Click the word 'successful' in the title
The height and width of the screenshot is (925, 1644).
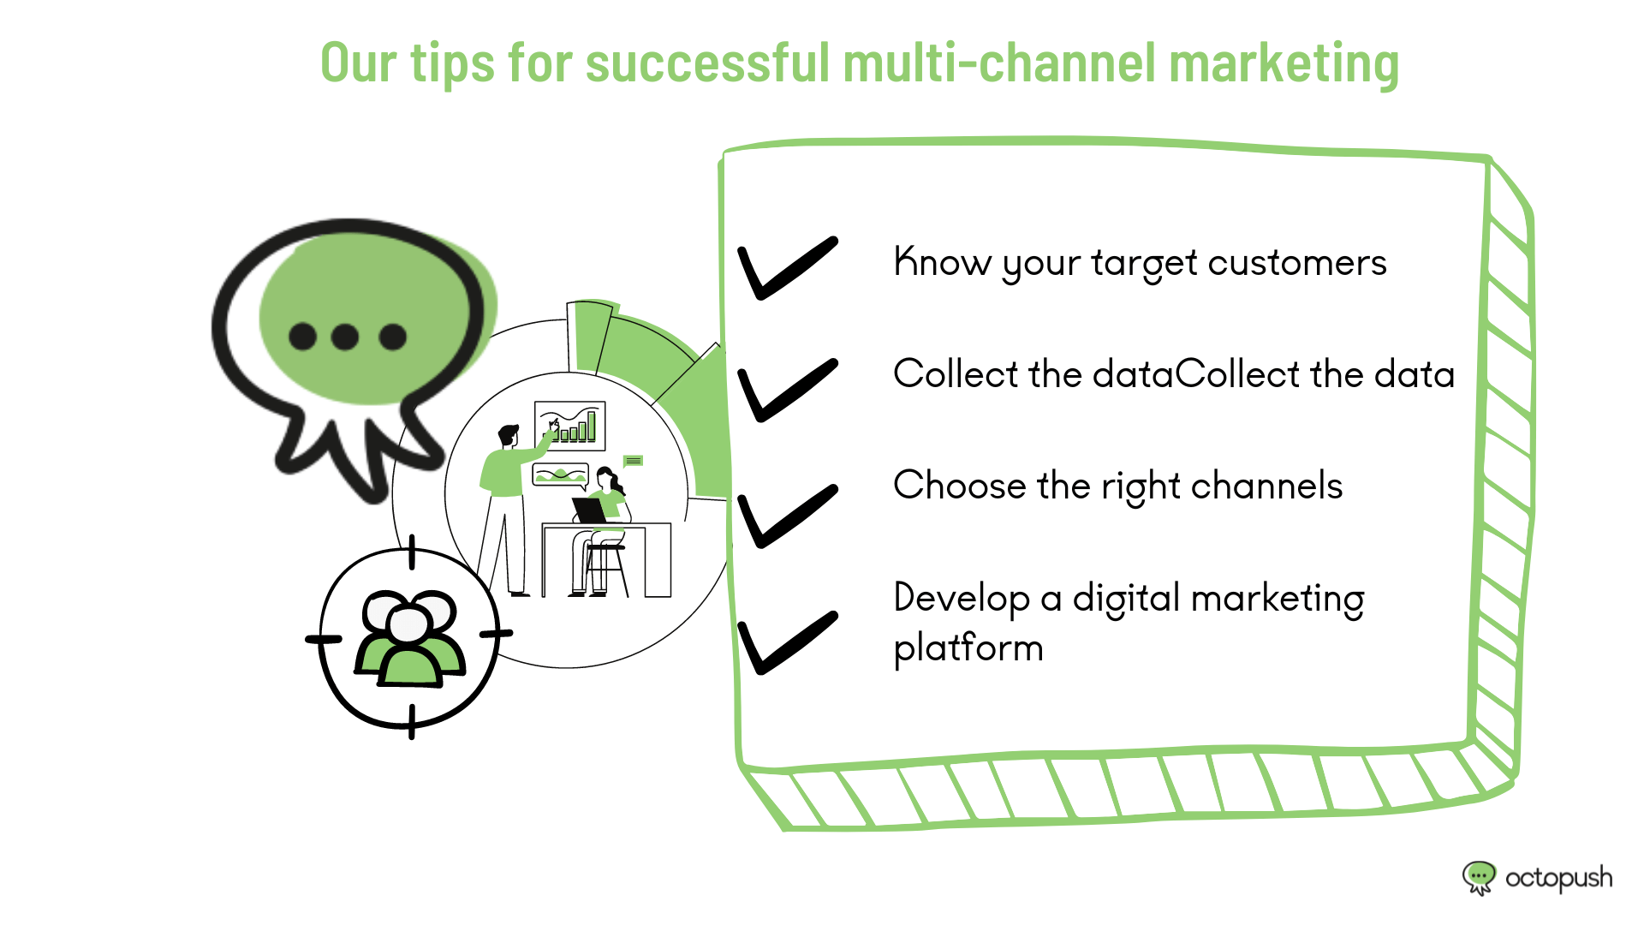coord(707,63)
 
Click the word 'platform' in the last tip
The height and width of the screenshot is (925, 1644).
coord(968,647)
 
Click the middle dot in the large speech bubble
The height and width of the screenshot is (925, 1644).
coord(345,337)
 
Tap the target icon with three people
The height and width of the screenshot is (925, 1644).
coord(410,637)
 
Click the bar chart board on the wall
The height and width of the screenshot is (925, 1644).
coord(570,426)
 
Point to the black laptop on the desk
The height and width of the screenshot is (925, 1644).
coord(590,510)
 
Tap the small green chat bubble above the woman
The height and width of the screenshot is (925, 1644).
coord(633,462)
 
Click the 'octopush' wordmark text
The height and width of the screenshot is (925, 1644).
coord(1558,879)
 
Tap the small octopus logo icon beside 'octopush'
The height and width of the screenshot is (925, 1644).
coord(1479,878)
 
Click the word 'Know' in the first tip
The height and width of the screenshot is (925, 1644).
coord(942,262)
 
